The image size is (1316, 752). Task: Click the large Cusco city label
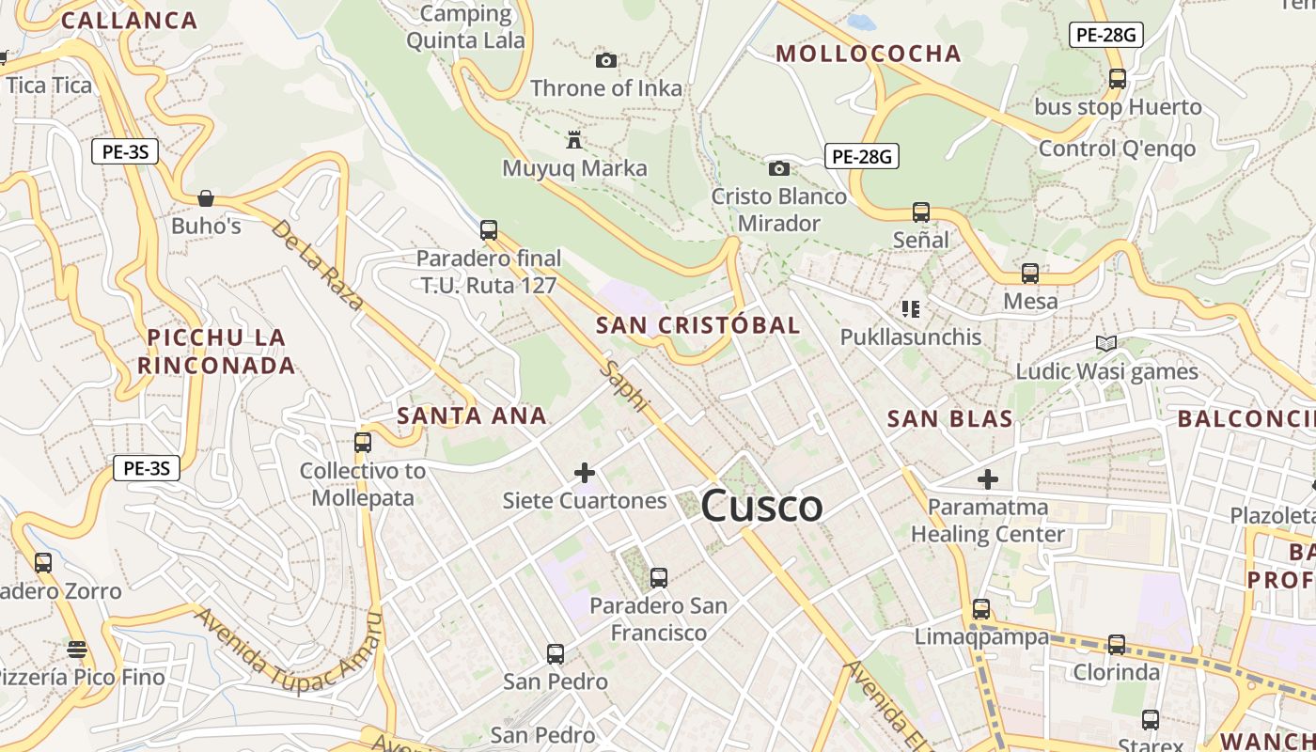coord(761,506)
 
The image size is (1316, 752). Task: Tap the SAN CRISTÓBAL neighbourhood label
coord(698,325)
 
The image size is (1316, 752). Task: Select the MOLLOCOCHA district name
coord(869,54)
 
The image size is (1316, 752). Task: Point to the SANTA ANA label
coord(472,415)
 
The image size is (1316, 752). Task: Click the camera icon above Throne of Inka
coord(606,61)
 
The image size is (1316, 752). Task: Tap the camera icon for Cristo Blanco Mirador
coord(779,168)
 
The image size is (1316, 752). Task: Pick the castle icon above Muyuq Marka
coord(573,140)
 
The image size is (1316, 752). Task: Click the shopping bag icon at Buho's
coord(206,198)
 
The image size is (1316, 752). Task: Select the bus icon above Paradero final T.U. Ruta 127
coord(488,229)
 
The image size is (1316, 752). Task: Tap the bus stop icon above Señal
coord(921,212)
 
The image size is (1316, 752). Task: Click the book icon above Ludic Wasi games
coord(1106,343)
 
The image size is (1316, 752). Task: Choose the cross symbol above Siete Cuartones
coord(585,472)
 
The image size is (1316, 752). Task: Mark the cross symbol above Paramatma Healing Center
coord(987,479)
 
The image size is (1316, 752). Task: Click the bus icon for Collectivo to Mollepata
coord(363,442)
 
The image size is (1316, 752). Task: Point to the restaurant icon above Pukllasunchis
coord(910,308)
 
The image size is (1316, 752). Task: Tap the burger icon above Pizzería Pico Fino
coord(77,649)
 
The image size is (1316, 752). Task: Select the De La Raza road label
coord(317,265)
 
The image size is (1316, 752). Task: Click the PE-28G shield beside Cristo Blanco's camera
coord(862,156)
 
